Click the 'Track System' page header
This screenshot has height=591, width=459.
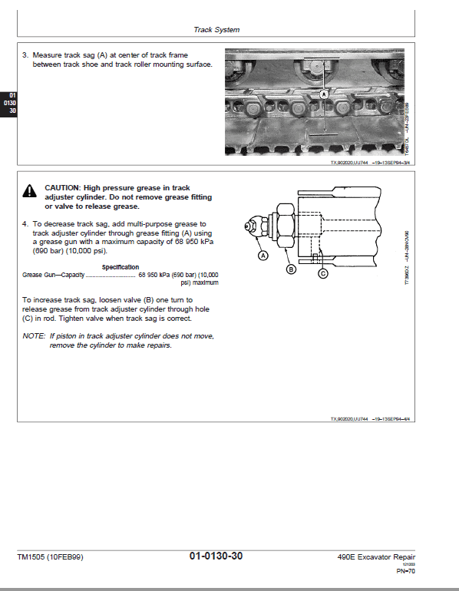coord(216,30)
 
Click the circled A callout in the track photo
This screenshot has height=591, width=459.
coord(323,93)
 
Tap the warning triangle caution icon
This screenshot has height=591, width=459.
coord(28,191)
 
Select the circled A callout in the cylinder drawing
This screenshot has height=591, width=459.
coord(263,255)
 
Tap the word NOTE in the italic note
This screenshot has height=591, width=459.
coord(34,336)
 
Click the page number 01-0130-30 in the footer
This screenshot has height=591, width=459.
coord(216,556)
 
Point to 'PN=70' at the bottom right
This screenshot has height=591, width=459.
coord(405,571)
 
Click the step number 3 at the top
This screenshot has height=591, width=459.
coord(25,55)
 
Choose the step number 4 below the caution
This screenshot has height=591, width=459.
coord(25,224)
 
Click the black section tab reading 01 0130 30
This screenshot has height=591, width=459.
coord(9,103)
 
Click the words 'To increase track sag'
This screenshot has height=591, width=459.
coord(58,300)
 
